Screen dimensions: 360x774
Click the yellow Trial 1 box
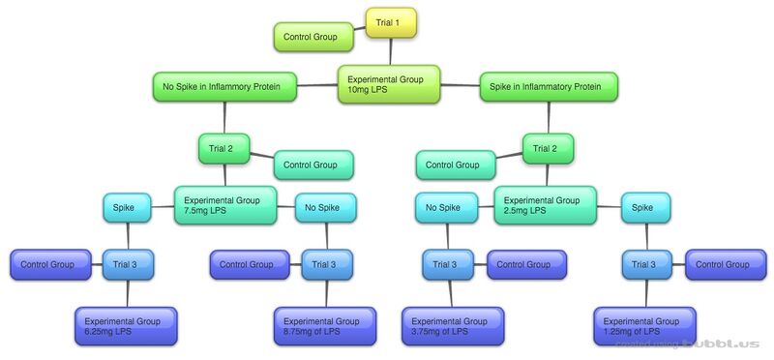[390, 23]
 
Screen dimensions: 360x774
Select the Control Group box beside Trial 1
[311, 38]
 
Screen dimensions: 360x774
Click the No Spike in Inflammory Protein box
[223, 87]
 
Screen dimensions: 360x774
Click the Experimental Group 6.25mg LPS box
[126, 325]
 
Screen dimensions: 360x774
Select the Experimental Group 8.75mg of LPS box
[323, 325]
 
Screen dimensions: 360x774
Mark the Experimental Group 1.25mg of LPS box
[642, 325]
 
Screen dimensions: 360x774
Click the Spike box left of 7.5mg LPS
[128, 207]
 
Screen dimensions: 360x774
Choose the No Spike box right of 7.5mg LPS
[323, 207]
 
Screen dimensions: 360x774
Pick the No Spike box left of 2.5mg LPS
[446, 207]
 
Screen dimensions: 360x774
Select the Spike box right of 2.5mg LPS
[642, 207]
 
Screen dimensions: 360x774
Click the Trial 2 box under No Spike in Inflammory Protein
[223, 149]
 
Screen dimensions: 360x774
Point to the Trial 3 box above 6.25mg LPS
[128, 264]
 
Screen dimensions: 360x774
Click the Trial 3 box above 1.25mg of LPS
[644, 264]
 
